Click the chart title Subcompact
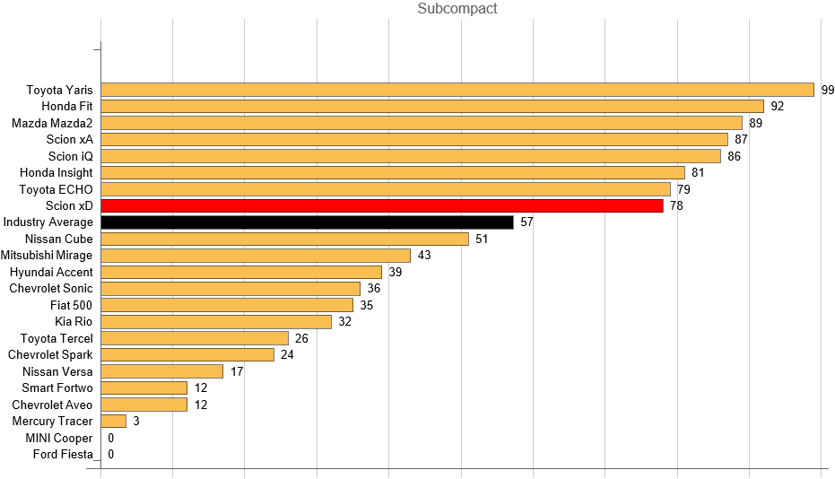coord(457,9)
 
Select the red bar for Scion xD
coord(382,205)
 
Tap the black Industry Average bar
coord(307,222)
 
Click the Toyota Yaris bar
coord(457,90)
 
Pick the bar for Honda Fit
coord(432,106)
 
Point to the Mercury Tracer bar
coord(114,421)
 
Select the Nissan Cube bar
coord(285,239)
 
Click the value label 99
coord(828,90)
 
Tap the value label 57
coord(526,222)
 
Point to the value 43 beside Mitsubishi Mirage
coord(424,256)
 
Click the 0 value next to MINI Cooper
coord(110,438)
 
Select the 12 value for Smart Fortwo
coord(201,388)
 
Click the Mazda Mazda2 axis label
coord(52,123)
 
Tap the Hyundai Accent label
coord(51,272)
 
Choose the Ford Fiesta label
coord(63,454)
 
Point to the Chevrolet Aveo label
coord(52,405)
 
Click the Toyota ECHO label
coord(57,189)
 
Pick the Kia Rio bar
coord(216,322)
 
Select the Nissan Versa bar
coord(162,371)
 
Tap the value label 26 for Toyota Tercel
coord(301,338)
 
